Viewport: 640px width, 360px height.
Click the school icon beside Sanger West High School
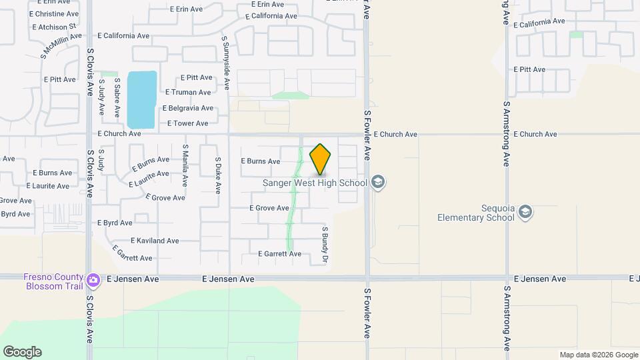[x=378, y=183]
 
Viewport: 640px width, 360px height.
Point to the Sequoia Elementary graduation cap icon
[x=525, y=212]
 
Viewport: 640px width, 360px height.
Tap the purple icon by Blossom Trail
[x=93, y=280]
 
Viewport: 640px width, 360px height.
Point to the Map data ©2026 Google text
[x=597, y=354]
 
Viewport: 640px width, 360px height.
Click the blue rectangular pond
[x=141, y=100]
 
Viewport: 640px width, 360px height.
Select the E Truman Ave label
[x=188, y=93]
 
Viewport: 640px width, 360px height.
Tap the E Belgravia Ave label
[x=187, y=108]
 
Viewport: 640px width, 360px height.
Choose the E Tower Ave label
[x=187, y=123]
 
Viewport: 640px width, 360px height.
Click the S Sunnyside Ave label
[x=226, y=63]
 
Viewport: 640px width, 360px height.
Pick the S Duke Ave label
[x=217, y=175]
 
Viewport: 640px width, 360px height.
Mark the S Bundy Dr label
[x=326, y=244]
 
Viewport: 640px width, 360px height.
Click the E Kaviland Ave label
[x=155, y=241]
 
